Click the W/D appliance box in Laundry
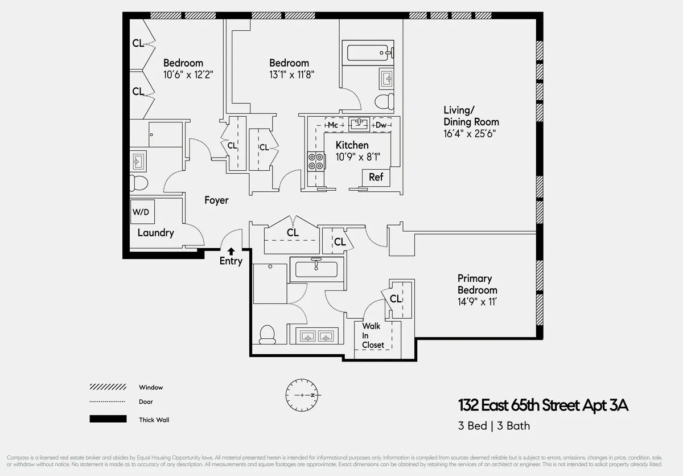click(141, 212)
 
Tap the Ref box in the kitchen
click(376, 177)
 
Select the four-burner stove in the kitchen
click(316, 162)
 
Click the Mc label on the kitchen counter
click(333, 125)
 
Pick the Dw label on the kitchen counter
click(381, 125)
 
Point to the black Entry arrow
click(231, 251)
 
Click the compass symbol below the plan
click(304, 395)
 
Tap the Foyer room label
click(216, 200)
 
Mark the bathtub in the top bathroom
click(368, 54)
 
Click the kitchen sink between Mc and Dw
click(359, 124)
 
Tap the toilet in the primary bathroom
click(267, 334)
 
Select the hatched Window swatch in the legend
click(108, 387)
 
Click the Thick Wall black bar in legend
click(108, 419)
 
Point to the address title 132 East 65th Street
click(544, 406)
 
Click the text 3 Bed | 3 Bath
click(493, 425)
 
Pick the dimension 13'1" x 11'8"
click(291, 74)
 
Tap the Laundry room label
click(155, 233)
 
